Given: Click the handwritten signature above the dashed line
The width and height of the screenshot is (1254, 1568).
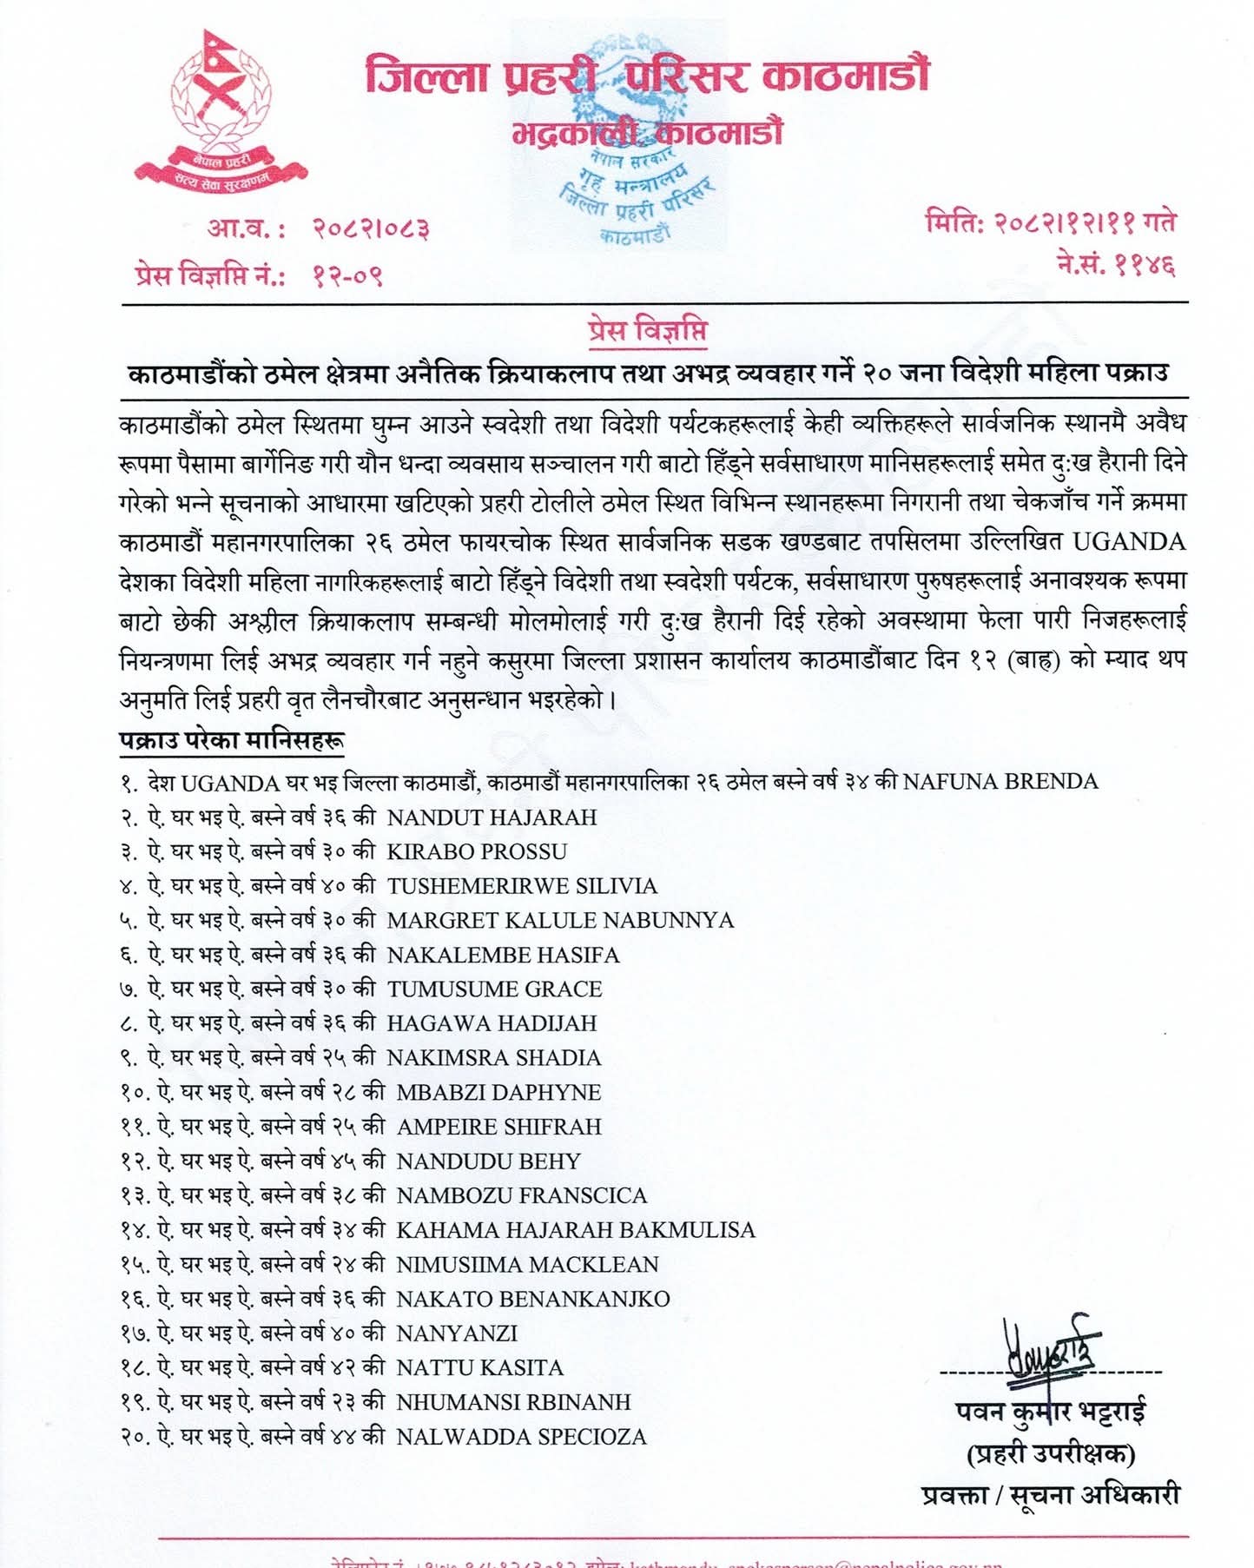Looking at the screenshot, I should click(x=1051, y=1351).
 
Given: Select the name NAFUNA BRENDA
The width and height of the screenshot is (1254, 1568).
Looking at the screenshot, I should click(x=1000, y=782).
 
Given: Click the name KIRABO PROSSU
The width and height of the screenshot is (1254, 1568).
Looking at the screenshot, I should click(x=477, y=851).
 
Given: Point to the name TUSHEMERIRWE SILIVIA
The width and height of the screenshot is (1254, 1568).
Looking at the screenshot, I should click(x=522, y=886).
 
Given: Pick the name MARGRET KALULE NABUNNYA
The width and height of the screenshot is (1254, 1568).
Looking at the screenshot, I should click(x=560, y=920).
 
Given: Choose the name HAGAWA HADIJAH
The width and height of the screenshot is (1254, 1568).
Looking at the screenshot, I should click(x=492, y=1023).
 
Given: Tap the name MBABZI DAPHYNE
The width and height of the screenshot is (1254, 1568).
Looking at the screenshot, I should click(x=498, y=1092).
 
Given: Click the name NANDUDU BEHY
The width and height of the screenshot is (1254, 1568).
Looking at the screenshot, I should click(x=488, y=1161).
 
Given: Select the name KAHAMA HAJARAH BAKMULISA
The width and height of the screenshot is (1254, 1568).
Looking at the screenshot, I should click(x=576, y=1230).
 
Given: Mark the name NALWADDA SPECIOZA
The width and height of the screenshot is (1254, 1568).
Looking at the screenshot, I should click(x=521, y=1437).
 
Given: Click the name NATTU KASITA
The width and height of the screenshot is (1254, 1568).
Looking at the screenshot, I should click(x=479, y=1367).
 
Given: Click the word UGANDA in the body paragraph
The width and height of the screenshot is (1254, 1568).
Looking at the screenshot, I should click(x=1129, y=542).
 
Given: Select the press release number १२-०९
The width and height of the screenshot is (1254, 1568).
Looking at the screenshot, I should click(x=347, y=276).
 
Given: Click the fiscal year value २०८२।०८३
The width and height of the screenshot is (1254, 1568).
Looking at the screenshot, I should click(x=371, y=228).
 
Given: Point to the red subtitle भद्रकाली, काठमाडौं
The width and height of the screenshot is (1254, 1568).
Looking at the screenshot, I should click(x=647, y=133).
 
